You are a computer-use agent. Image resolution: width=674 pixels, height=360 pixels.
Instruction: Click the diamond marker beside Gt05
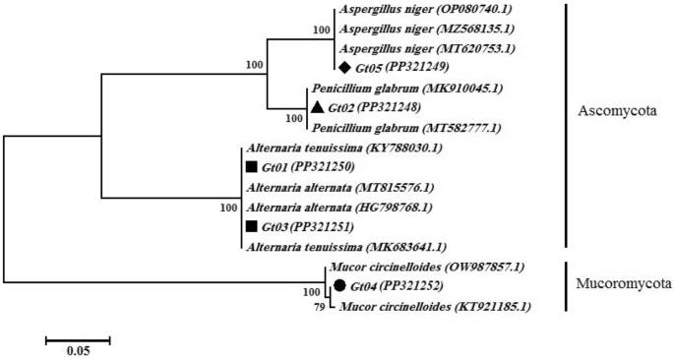[344, 68]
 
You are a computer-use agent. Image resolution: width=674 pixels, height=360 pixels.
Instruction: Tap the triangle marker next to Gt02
[317, 106]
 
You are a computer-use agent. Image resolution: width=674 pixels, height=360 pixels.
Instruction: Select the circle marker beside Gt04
[338, 285]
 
